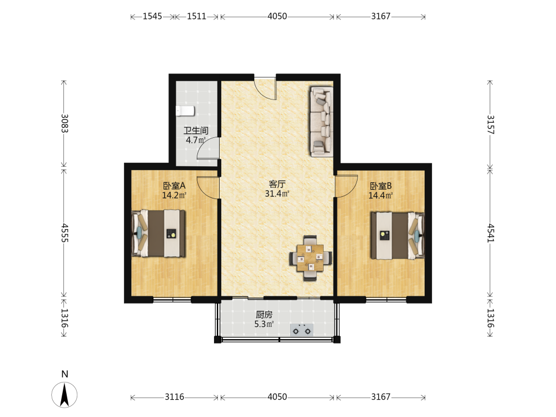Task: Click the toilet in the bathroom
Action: pos(185,111)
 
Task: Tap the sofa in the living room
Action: pos(321,121)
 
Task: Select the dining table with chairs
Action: pos(311,258)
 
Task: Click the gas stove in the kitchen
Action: pos(302,330)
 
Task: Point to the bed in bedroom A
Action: pos(158,233)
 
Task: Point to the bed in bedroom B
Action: pos(398,235)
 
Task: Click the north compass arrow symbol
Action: pos(64,394)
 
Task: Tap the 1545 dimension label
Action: pos(152,16)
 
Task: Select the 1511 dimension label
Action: pos(196,16)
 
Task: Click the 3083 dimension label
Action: pos(64,123)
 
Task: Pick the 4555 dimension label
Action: pos(64,232)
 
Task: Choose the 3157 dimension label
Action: pos(490,125)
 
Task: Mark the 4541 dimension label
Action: pos(490,233)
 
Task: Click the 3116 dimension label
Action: pos(175,397)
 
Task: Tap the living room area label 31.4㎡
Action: pos(277,193)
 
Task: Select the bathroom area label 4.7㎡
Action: pos(196,140)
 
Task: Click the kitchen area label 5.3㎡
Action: pos(264,324)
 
